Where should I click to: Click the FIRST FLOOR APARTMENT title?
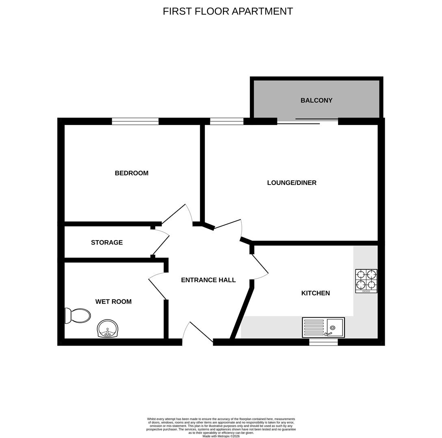[x=228, y=11]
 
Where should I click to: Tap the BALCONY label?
[x=316, y=101]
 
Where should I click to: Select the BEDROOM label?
[x=131, y=173]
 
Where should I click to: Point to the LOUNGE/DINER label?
[x=292, y=182]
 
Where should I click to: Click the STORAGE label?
[x=106, y=243]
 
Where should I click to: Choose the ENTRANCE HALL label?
[x=208, y=280]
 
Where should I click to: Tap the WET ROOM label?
[x=113, y=302]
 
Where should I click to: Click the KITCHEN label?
[x=315, y=293]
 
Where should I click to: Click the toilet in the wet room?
[x=78, y=316]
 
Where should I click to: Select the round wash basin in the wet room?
[x=108, y=329]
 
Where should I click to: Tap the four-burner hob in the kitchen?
[x=366, y=281]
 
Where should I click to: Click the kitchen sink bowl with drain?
[x=335, y=327]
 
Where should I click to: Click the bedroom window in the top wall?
[x=135, y=121]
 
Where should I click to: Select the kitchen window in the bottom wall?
[x=323, y=342]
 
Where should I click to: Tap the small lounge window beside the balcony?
[x=227, y=121]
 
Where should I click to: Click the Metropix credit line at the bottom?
[x=221, y=436]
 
